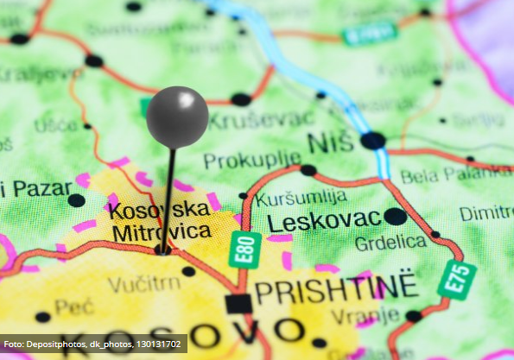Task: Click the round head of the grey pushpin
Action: pyautogui.click(x=177, y=117)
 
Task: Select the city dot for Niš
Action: pyautogui.click(x=373, y=140)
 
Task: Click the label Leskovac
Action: pyautogui.click(x=323, y=221)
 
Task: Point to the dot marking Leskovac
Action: pyautogui.click(x=395, y=216)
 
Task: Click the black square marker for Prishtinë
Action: pyautogui.click(x=238, y=303)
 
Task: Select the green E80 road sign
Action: pyautogui.click(x=244, y=249)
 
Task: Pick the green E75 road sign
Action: pyautogui.click(x=456, y=280)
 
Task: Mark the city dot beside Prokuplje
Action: pyautogui.click(x=308, y=170)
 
